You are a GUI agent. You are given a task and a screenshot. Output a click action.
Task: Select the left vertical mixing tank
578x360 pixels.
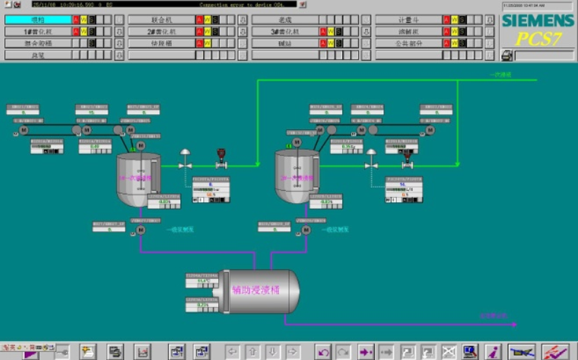pyautogui.click(x=137, y=179)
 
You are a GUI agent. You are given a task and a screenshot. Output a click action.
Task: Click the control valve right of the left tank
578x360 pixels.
pyautogui.click(x=185, y=163)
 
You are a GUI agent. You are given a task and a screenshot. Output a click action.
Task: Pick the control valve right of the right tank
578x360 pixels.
pyautogui.click(x=370, y=163)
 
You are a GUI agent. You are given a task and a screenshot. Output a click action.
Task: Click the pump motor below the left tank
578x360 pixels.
pyautogui.click(x=141, y=230)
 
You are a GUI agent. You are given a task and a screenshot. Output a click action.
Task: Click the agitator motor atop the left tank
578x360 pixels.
pyautogui.click(x=141, y=145)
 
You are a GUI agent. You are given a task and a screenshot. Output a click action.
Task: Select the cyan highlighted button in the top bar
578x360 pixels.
pyautogui.click(x=38, y=19)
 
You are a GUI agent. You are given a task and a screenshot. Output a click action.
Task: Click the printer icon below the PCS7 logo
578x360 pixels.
pyautogui.click(x=507, y=55)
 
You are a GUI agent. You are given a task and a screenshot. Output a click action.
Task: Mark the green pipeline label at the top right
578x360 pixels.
pyautogui.click(x=501, y=75)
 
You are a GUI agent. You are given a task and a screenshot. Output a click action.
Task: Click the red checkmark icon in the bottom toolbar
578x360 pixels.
pyautogui.click(x=556, y=351)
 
